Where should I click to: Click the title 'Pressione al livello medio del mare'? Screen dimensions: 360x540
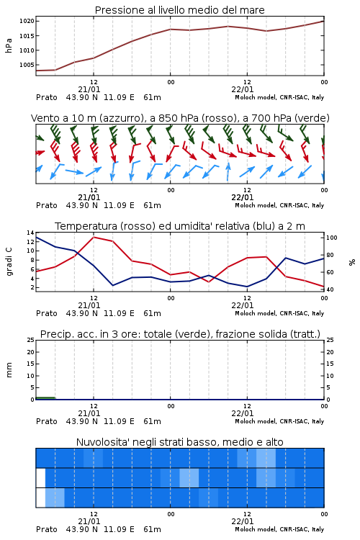pyautogui.click(x=179, y=10)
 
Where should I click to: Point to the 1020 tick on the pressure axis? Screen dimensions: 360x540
pyautogui.click(x=27, y=21)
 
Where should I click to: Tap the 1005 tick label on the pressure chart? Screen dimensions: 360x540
pyautogui.click(x=27, y=65)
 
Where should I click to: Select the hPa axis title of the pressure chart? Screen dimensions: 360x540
pyautogui.click(x=9, y=45)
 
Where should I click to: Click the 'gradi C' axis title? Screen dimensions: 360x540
pyautogui.click(x=9, y=261)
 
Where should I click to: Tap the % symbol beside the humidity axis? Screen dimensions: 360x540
pyautogui.click(x=352, y=262)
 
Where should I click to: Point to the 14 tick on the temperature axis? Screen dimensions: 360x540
pyautogui.click(x=31, y=233)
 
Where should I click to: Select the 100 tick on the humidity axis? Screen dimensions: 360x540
pyautogui.click(x=332, y=238)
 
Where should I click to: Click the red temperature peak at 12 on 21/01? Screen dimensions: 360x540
pyautogui.click(x=94, y=237)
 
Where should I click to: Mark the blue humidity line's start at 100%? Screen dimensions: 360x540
pyautogui.click(x=37, y=238)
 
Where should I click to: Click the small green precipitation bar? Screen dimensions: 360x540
pyautogui.click(x=45, y=398)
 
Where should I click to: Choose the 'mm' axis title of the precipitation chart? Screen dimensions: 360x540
pyautogui.click(x=9, y=369)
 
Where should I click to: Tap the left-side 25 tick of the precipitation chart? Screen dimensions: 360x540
pyautogui.click(x=31, y=340)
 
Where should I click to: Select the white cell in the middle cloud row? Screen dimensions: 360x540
pyautogui.click(x=40, y=477)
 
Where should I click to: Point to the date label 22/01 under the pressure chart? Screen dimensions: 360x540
pyautogui.click(x=243, y=89)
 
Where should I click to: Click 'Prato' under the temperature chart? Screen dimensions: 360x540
pyautogui.click(x=47, y=313)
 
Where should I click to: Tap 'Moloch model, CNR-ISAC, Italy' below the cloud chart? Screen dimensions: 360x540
pyautogui.click(x=279, y=529)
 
